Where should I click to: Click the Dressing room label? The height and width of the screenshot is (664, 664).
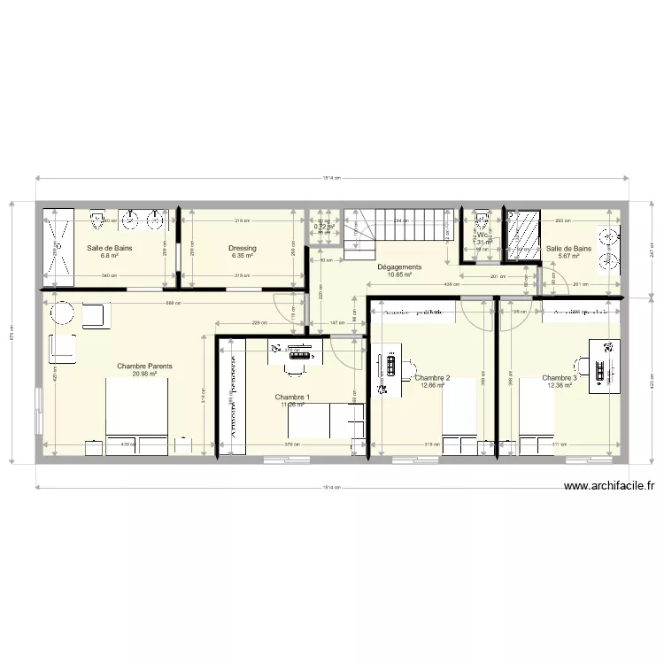click(242, 249)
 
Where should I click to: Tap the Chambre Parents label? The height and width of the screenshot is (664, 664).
click(144, 366)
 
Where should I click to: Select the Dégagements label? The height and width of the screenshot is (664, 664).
click(399, 266)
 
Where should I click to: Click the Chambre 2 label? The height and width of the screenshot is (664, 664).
click(432, 378)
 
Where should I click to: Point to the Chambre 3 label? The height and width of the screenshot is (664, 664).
click(560, 378)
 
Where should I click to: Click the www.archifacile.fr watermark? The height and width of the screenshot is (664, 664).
click(608, 486)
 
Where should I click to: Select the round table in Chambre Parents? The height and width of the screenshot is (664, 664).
click(62, 313)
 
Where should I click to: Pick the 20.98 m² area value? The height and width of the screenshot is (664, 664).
click(144, 374)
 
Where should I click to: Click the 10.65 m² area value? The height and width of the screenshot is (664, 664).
click(399, 274)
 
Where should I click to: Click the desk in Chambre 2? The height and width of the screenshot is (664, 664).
click(385, 371)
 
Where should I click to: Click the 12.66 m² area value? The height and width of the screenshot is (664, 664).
click(432, 386)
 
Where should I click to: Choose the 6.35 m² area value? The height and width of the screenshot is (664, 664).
click(242, 257)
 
